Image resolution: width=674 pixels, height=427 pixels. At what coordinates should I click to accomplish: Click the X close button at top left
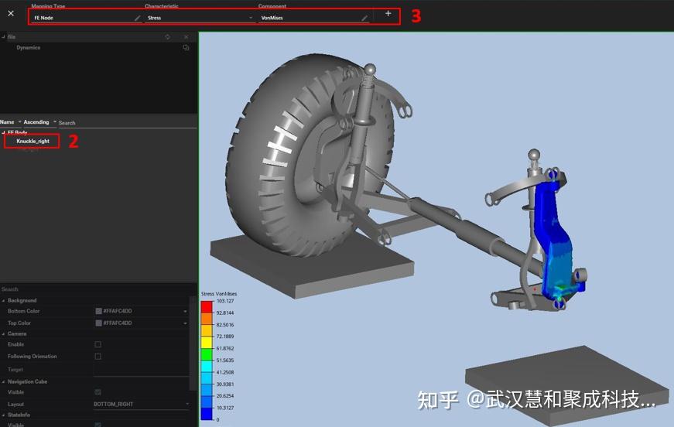[11, 13]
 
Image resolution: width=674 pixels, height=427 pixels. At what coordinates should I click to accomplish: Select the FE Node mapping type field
[81, 17]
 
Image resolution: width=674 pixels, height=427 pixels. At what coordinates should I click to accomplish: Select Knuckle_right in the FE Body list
[33, 142]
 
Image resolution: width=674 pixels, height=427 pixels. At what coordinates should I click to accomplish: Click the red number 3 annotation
[416, 16]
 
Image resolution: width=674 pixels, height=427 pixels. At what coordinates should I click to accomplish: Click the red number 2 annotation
[74, 142]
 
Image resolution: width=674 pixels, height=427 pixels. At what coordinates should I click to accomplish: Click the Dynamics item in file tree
[29, 48]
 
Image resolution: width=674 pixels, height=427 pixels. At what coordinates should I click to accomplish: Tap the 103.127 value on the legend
[225, 302]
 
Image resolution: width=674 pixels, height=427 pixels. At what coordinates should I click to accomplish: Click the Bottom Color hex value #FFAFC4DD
[117, 311]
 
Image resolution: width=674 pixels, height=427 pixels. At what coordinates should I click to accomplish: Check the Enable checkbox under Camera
[98, 344]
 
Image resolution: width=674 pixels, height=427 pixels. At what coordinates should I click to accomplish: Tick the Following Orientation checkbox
[98, 357]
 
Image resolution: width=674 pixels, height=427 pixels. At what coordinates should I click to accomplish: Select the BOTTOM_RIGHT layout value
[114, 405]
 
